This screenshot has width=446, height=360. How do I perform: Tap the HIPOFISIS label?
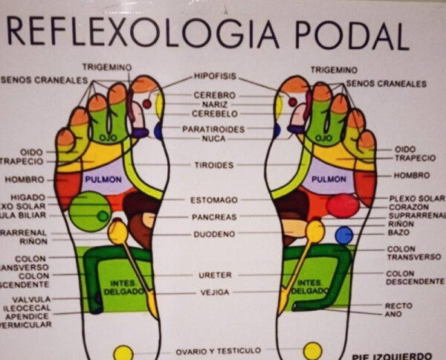point(216,76)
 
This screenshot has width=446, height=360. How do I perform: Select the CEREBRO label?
point(215,95)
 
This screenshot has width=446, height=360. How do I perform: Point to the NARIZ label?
point(215,105)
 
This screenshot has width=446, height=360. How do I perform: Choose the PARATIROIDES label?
point(215,129)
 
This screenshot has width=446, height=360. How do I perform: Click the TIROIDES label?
point(215,164)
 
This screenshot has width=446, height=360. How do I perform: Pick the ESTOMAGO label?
point(214,199)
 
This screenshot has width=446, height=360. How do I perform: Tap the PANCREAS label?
point(214,217)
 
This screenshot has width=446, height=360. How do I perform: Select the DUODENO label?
point(214,234)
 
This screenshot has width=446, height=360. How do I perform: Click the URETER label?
point(215,274)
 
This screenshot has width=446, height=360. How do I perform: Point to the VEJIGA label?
point(215,292)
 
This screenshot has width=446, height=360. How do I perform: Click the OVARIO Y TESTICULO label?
point(219,350)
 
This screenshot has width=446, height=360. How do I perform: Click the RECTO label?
point(398,305)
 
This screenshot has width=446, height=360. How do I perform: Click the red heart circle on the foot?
point(342,205)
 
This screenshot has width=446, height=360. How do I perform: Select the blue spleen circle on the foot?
point(343,236)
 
